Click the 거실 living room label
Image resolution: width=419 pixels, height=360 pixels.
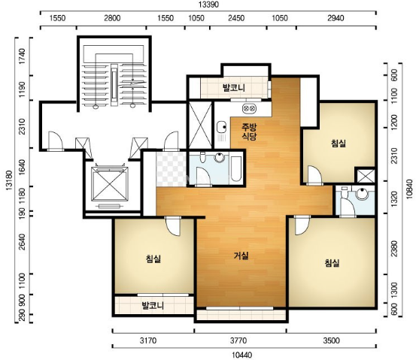241,256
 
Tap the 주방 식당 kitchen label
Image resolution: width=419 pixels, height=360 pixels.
249,132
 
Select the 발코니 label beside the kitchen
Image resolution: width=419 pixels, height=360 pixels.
234,87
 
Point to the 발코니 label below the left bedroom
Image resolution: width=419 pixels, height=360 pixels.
153,305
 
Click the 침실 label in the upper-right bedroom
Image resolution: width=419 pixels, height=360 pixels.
339,144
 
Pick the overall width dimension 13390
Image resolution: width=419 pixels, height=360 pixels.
208,5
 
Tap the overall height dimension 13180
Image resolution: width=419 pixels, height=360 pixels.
9,180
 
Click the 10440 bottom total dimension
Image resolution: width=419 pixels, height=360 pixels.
241,355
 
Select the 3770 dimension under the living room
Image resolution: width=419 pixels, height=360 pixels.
238,340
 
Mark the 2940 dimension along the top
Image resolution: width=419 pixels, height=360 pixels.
336,18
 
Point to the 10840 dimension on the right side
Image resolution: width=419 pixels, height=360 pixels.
409,189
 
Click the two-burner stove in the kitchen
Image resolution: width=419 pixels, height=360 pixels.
249,108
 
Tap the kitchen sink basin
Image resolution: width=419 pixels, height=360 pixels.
221,127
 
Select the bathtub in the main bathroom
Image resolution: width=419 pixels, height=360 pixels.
236,169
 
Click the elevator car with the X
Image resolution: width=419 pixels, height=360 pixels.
110,184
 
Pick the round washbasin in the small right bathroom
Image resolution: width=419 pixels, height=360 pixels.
363,194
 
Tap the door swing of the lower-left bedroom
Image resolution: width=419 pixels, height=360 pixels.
173,226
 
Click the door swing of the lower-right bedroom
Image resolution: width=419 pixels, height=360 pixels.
302,225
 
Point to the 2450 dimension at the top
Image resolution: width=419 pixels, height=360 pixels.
236,18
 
